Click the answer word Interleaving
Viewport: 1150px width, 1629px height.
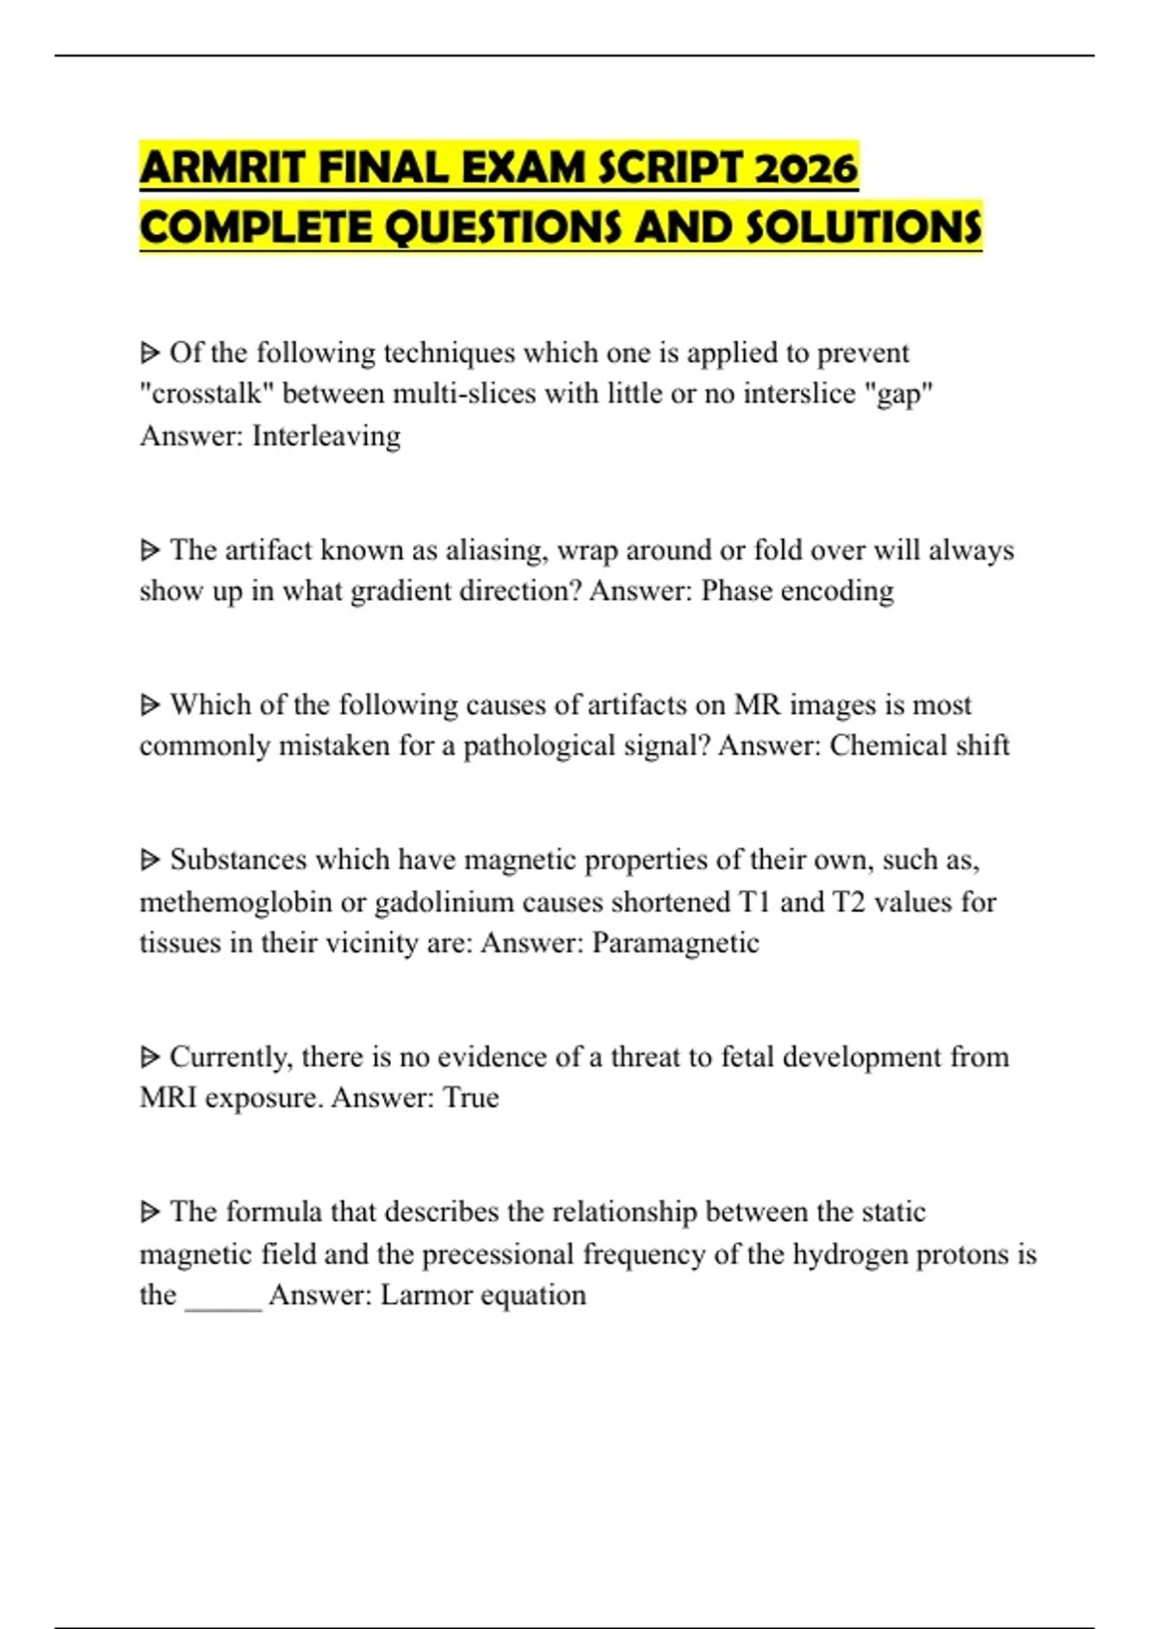[x=326, y=436]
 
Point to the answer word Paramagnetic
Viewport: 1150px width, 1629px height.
[x=676, y=943]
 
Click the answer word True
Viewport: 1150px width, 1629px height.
[x=471, y=1097]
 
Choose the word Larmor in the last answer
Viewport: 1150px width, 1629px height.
[x=425, y=1296]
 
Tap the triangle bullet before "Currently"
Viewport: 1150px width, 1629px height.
[x=149, y=1057]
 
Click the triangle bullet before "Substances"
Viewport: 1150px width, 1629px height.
[x=149, y=860]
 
